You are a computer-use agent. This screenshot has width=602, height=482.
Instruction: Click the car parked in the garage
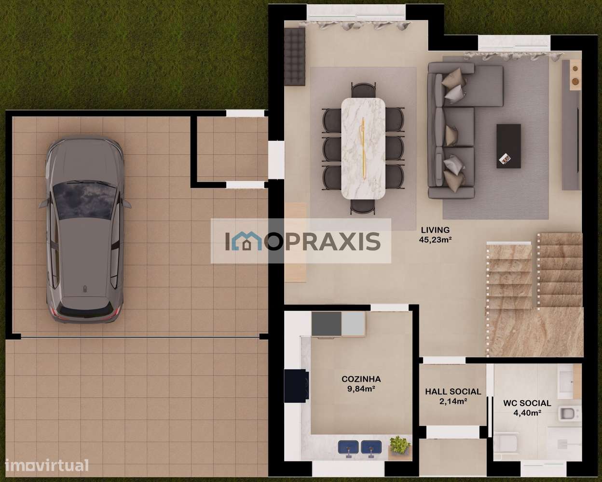point(84,231)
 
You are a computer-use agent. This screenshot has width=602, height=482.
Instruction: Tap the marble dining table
point(363,148)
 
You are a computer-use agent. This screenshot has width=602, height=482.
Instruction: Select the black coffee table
point(509,146)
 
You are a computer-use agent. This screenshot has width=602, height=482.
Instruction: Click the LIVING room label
point(435,230)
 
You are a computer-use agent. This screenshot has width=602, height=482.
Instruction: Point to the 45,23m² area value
point(435,239)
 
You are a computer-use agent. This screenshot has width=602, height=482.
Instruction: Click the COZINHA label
point(361,379)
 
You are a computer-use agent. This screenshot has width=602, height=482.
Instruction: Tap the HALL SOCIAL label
point(452,392)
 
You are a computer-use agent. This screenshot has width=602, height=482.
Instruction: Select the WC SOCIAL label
point(527,403)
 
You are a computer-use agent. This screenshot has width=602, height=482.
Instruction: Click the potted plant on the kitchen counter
point(400,444)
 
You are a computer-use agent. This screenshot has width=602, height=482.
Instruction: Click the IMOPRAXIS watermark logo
point(301,241)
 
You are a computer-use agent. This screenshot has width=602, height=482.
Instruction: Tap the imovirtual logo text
point(46,466)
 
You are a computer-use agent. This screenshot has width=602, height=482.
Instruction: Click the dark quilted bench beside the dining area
point(295,56)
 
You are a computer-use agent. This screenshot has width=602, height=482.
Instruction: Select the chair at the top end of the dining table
point(363,90)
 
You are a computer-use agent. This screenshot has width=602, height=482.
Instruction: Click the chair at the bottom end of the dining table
point(363,206)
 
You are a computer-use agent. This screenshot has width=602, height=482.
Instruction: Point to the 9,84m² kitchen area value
point(361,388)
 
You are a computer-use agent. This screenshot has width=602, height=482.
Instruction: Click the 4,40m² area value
point(527,412)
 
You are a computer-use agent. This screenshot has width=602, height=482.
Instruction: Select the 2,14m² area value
point(452,401)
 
